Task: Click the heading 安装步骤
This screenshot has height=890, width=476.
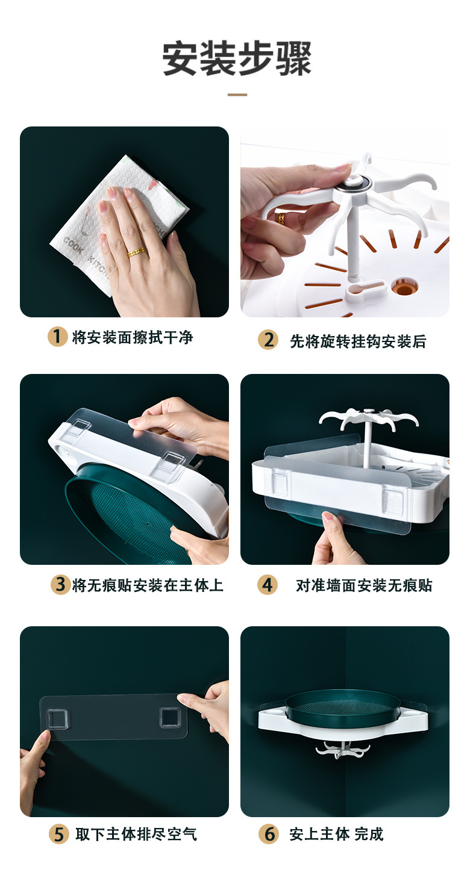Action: click(237, 59)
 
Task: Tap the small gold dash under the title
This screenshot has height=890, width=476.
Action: click(237, 95)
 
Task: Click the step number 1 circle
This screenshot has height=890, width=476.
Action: click(58, 337)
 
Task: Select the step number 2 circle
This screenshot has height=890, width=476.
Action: click(268, 340)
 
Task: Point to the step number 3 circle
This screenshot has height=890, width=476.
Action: click(60, 585)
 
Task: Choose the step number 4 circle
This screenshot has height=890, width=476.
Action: click(268, 585)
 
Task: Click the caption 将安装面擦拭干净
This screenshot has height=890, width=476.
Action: click(133, 337)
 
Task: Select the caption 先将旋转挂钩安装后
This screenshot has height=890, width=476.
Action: click(358, 341)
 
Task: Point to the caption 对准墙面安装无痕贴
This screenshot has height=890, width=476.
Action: click(364, 585)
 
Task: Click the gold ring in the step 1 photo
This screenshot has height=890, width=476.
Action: click(135, 252)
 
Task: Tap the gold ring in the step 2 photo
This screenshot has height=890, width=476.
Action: click(281, 218)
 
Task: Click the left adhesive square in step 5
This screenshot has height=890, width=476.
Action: click(57, 719)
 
